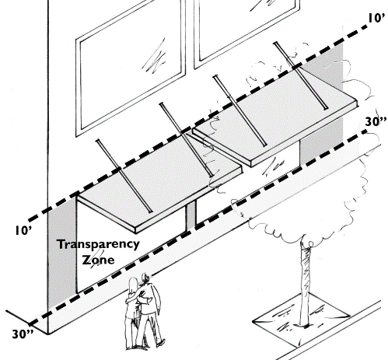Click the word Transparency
98,244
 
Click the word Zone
98,260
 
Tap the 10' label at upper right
376,19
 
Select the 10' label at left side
23,230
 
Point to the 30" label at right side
376,121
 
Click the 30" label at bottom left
23,334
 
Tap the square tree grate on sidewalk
301,320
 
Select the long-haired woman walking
132,313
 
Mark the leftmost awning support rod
124,176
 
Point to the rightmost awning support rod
301,75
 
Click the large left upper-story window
131,68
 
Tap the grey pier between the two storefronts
191,215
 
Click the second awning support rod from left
186,139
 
